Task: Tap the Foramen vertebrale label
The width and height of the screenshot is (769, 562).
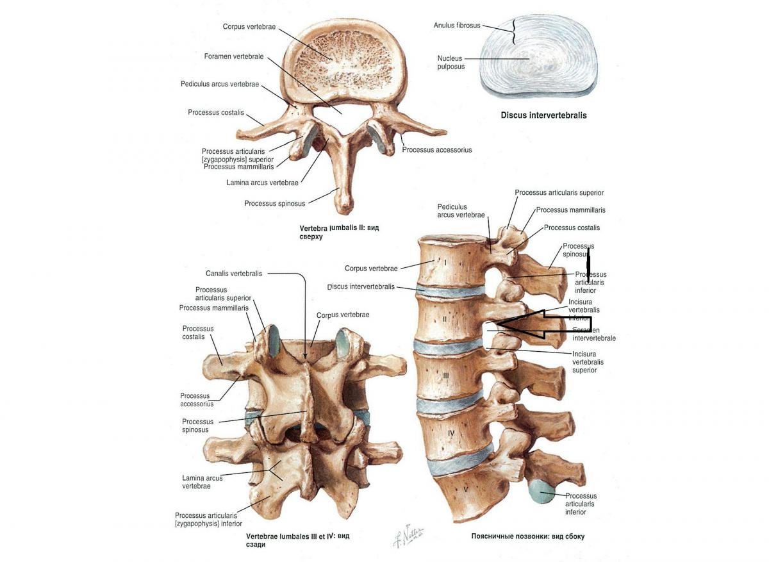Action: (x=234, y=56)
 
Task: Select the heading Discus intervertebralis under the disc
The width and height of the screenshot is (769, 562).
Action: (x=543, y=116)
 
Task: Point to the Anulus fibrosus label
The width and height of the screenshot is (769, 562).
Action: (x=457, y=26)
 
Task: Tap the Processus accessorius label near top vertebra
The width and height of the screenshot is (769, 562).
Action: (x=437, y=150)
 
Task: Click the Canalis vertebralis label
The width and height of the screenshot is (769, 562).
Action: (x=234, y=274)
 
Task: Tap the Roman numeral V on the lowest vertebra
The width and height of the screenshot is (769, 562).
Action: (x=466, y=490)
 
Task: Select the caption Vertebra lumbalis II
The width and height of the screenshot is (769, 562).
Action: (x=339, y=232)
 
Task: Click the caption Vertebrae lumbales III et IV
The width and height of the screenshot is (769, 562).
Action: (x=298, y=540)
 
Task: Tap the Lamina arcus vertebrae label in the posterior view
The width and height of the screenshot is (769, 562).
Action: (x=203, y=482)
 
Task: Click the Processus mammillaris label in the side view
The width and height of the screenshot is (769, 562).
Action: (x=570, y=210)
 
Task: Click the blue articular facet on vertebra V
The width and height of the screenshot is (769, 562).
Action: (x=542, y=492)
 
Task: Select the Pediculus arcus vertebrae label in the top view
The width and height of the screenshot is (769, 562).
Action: (x=219, y=84)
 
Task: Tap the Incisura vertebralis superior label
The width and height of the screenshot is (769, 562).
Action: (x=588, y=362)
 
